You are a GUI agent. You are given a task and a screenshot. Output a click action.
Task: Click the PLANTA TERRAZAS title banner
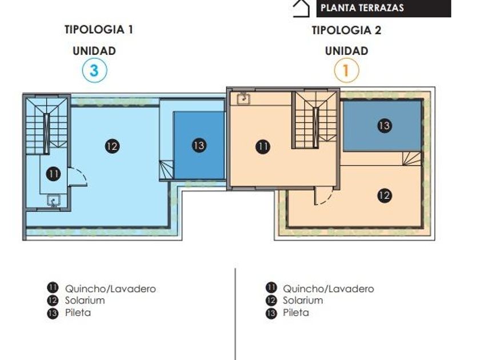click(383, 8)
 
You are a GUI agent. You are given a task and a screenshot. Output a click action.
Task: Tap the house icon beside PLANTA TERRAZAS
click(301, 9)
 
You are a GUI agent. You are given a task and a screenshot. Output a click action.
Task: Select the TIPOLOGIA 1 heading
click(99, 30)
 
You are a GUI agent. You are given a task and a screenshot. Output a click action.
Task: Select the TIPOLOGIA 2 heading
click(346, 30)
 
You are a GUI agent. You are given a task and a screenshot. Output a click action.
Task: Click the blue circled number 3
click(95, 70)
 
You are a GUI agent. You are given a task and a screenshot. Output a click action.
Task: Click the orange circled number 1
click(346, 70)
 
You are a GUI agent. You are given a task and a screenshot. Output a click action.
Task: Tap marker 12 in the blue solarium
click(113, 146)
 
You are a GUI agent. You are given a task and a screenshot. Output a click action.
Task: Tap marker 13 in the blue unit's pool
click(199, 145)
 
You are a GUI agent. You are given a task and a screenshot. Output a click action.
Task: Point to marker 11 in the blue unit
click(53, 174)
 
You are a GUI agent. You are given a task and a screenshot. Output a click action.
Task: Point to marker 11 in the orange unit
click(263, 147)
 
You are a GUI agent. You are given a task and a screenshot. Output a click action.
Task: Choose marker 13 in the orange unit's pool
click(385, 126)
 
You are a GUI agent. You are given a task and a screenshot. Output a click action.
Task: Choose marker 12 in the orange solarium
click(385, 195)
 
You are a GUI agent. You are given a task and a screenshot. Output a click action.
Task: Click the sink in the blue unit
click(54, 201)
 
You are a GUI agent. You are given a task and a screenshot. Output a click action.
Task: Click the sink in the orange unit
click(243, 98)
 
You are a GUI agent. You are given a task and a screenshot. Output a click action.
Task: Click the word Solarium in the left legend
click(85, 301)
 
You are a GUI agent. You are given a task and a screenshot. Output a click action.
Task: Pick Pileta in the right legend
click(296, 313)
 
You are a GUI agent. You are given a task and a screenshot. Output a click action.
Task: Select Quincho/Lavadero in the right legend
click(329, 289)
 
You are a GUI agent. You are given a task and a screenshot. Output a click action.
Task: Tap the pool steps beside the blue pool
click(166, 170)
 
